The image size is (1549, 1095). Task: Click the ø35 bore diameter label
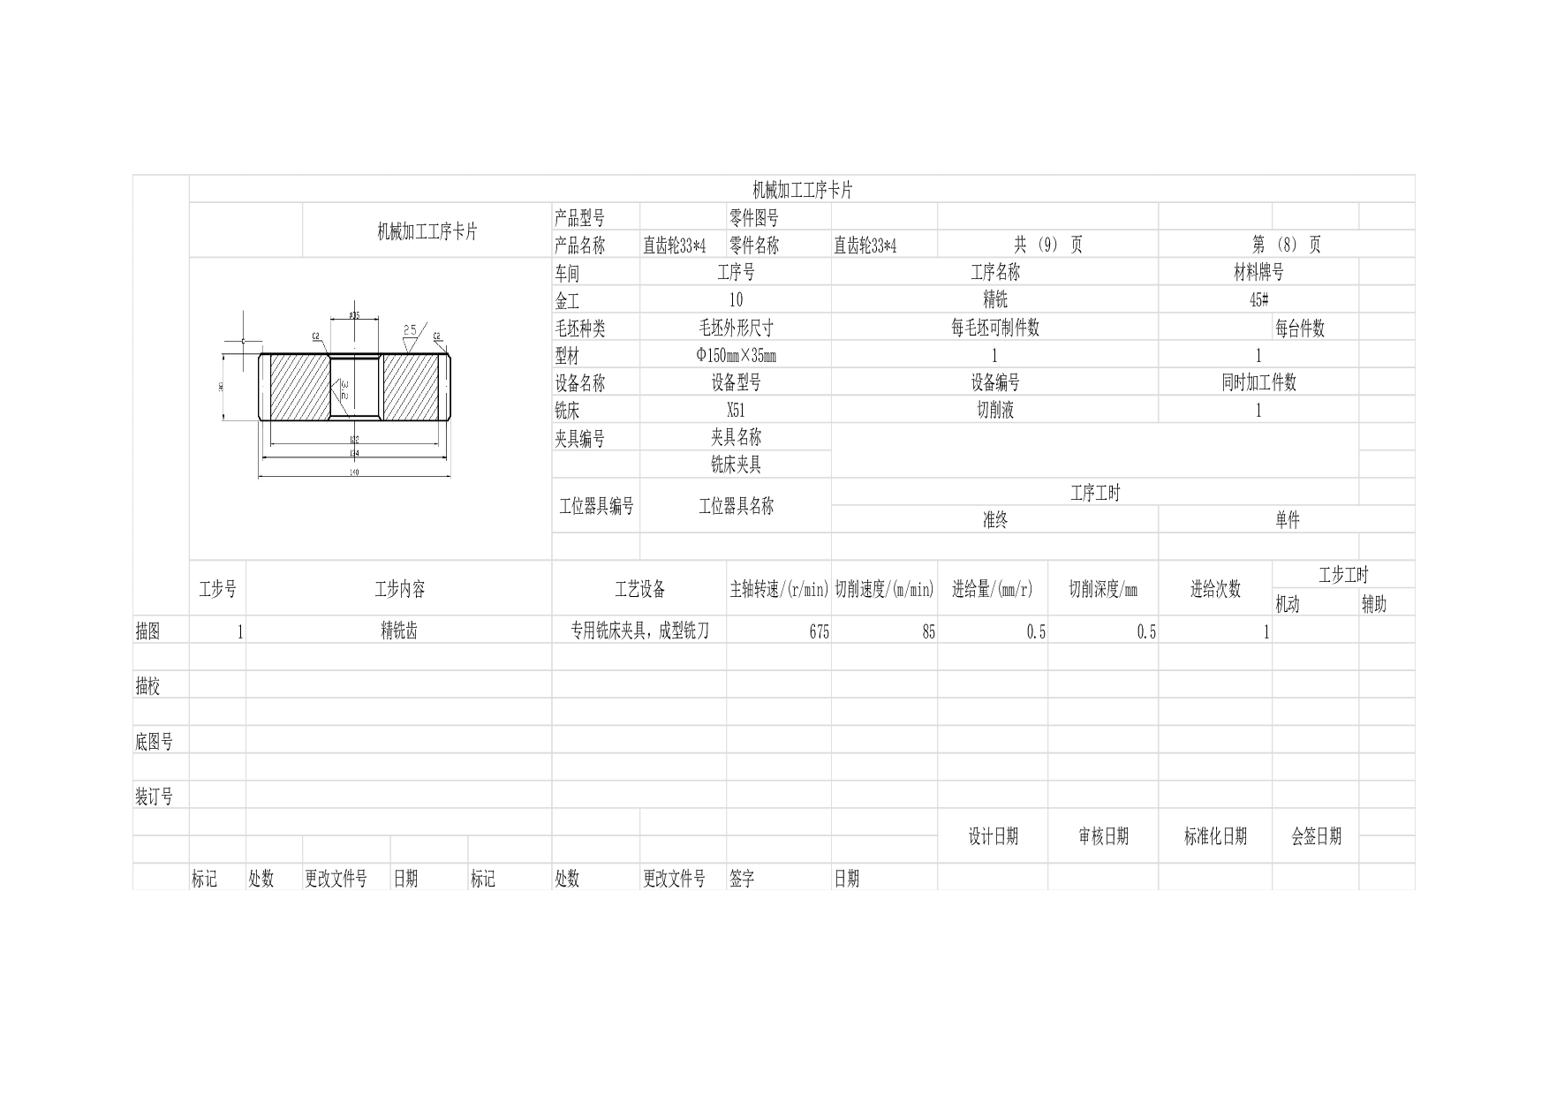click(354, 315)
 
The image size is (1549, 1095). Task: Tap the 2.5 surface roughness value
click(410, 329)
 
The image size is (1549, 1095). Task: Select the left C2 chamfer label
click(315, 336)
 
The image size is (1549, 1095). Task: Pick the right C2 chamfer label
click(436, 336)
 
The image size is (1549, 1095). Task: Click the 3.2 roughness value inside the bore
click(344, 389)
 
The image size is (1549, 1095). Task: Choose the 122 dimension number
click(354, 439)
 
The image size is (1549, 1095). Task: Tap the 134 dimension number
click(354, 454)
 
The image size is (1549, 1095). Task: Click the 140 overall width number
click(354, 472)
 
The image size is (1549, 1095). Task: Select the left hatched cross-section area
click(298, 387)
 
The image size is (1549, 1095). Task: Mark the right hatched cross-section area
click(410, 387)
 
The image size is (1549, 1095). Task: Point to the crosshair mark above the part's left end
click(243, 340)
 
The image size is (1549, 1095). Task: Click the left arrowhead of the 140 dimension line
click(261, 478)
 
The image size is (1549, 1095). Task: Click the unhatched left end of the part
click(264, 387)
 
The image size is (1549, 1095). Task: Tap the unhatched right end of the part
click(445, 387)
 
